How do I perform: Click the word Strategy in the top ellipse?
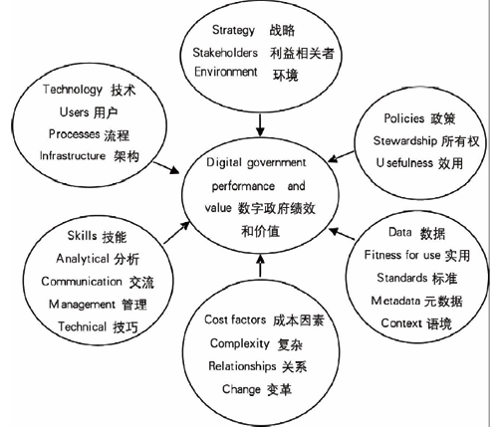(x=233, y=30)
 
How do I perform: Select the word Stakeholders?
(x=225, y=53)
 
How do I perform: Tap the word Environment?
(x=226, y=72)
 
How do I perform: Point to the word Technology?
(x=73, y=90)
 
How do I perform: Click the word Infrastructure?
(x=73, y=155)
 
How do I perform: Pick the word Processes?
(x=74, y=134)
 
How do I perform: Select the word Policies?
(x=404, y=118)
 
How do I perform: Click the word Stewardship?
(x=405, y=141)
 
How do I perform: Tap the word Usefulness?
(x=404, y=163)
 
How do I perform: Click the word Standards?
(x=401, y=278)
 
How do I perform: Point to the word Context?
(x=401, y=322)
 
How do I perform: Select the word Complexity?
(x=240, y=343)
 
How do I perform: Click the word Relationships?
(x=242, y=366)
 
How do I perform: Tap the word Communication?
(x=82, y=282)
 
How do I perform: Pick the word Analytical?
(x=83, y=259)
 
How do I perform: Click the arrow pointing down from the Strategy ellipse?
(x=260, y=124)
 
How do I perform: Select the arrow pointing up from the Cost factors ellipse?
(x=260, y=266)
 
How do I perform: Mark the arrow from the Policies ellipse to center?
(x=341, y=156)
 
